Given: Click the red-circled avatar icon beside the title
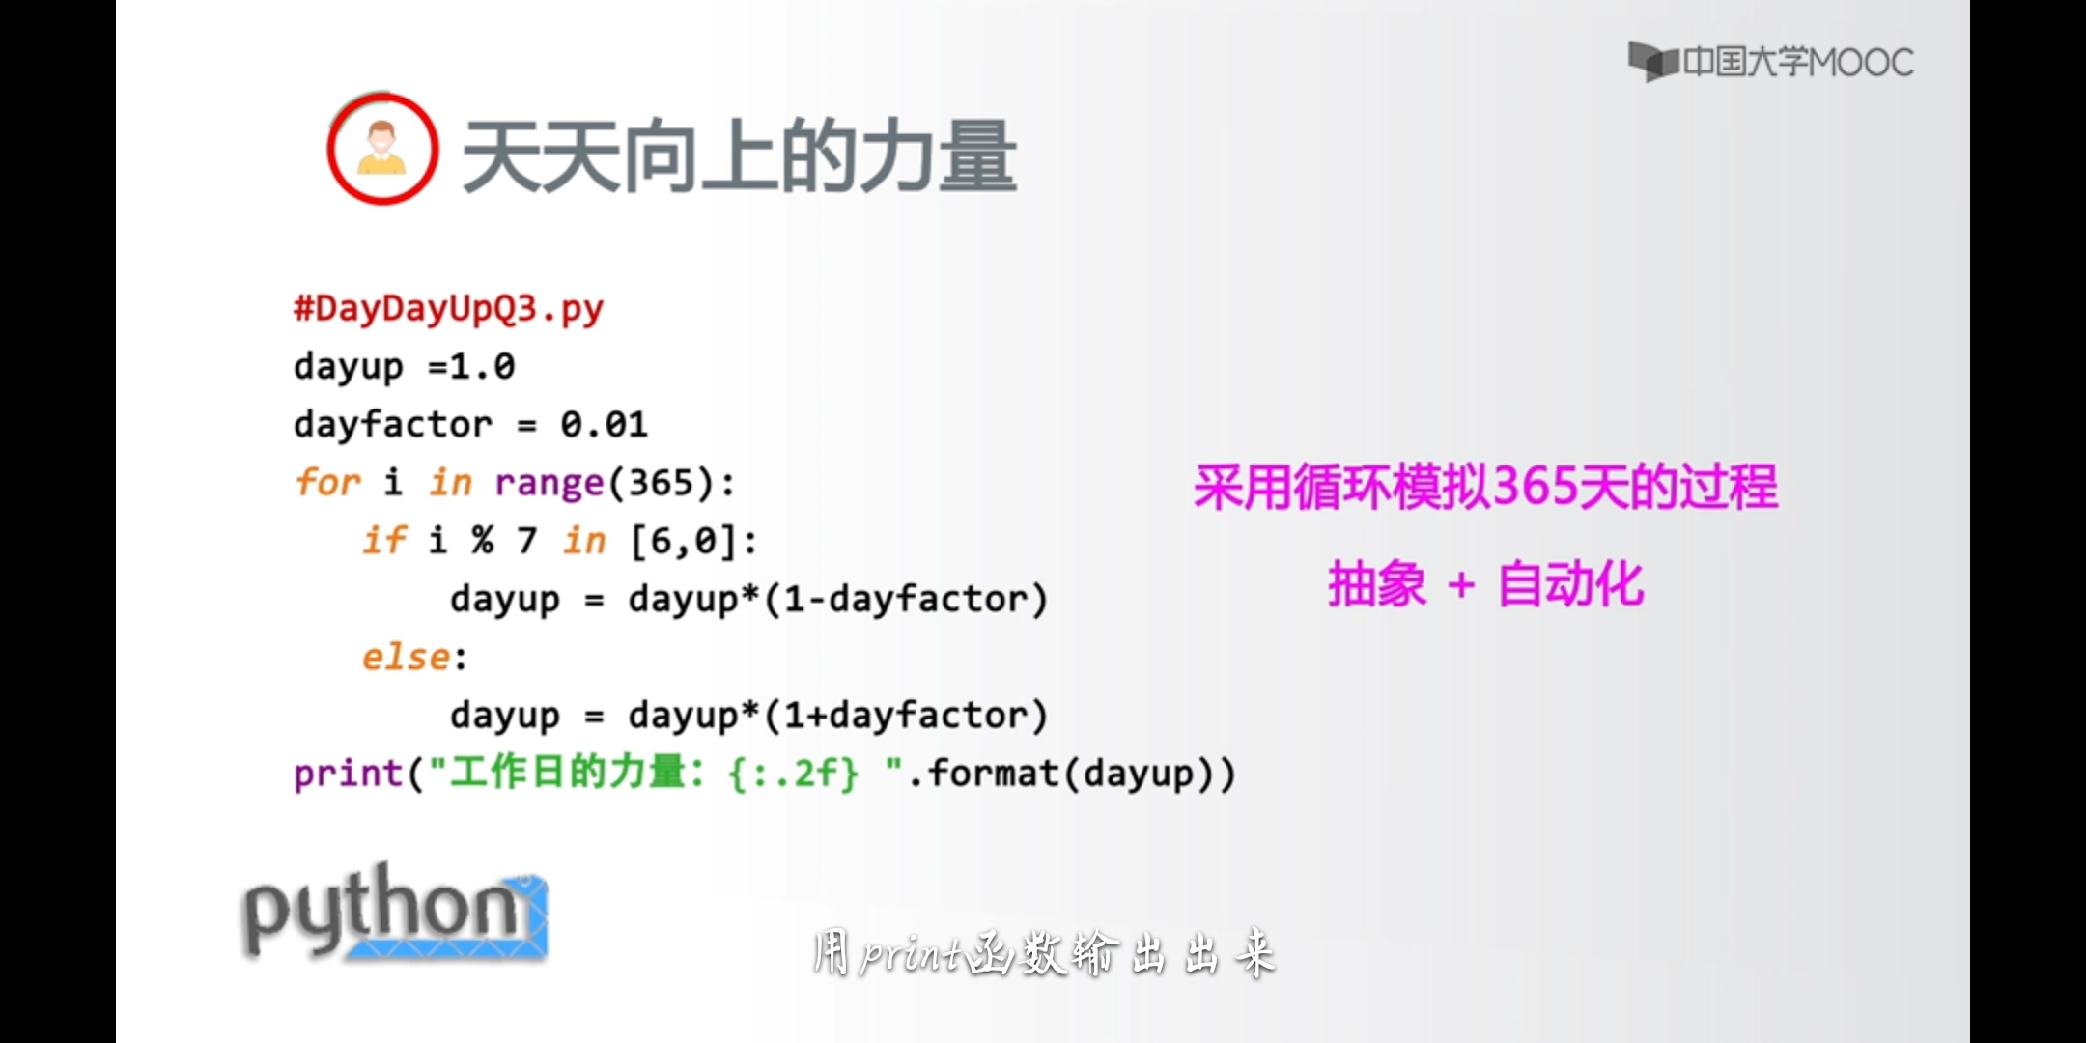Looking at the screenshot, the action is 382,149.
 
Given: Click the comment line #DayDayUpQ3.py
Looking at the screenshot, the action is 449,309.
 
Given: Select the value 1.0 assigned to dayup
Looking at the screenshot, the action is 483,367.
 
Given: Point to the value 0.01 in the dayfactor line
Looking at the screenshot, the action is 604,425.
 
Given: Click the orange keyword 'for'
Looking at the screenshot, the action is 328,482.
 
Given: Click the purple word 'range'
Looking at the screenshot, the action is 549,483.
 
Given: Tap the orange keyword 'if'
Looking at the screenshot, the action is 384,540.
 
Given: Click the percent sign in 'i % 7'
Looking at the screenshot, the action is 483,541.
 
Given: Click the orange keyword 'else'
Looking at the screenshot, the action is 406,657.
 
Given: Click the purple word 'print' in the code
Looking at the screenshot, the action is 349,774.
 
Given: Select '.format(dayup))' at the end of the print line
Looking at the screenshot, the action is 1072,774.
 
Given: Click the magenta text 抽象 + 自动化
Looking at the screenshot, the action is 1485,584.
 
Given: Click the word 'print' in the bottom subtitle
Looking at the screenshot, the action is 913,954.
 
